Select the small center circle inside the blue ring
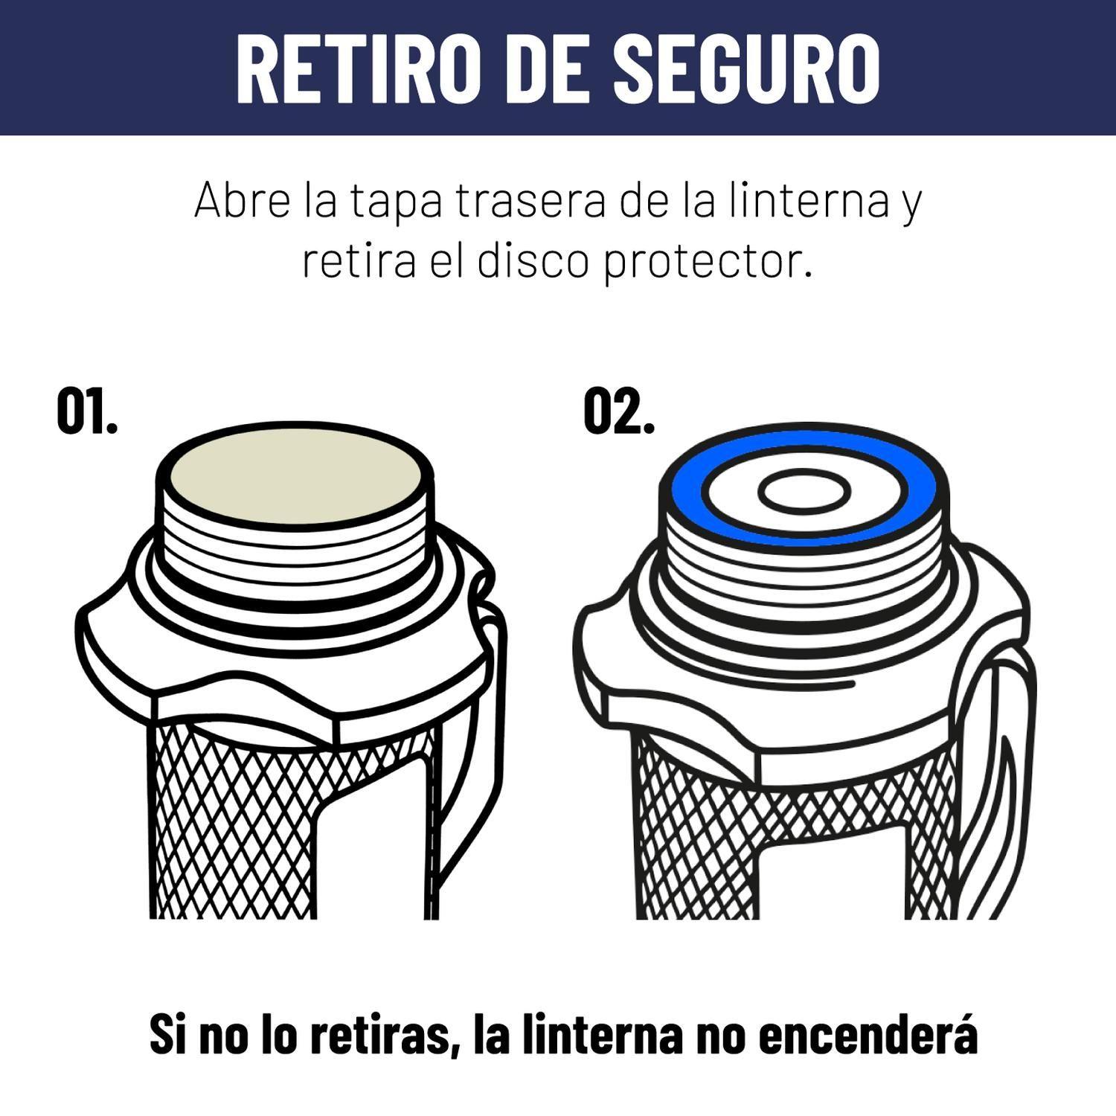pos(804,492)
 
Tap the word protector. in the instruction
pos(708,262)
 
